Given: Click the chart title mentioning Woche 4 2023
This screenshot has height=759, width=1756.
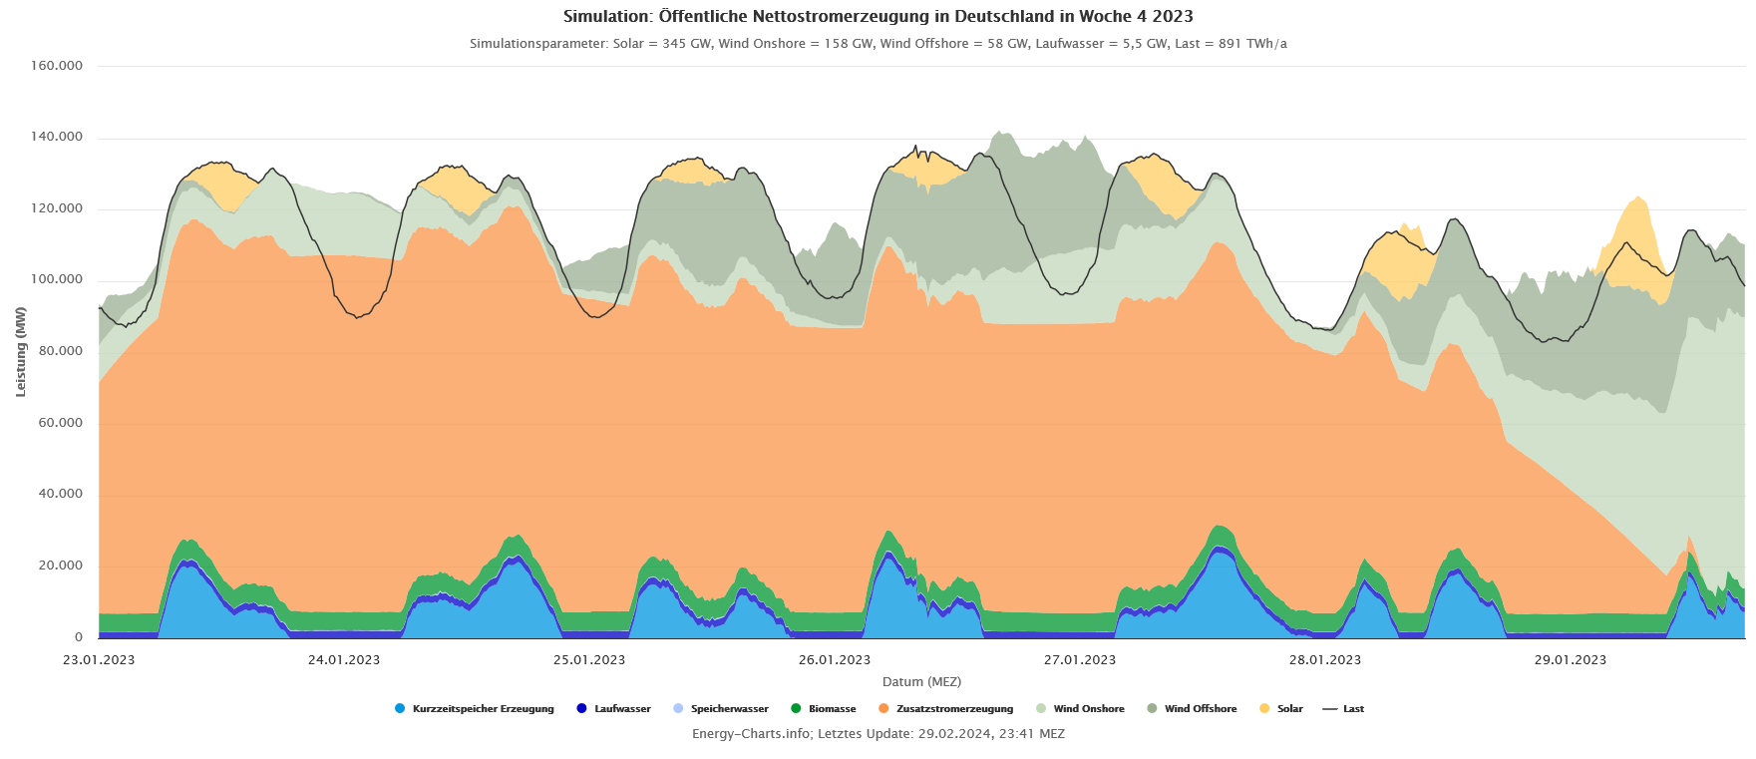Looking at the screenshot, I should tap(878, 16).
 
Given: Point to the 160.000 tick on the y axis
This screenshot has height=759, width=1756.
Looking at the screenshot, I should tap(57, 66).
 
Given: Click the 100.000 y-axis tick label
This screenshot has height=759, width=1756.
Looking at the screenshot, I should tap(57, 280).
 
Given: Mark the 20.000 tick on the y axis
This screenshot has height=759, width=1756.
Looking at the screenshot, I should tap(61, 566).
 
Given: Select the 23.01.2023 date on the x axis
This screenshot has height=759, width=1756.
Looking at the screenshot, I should tap(99, 659).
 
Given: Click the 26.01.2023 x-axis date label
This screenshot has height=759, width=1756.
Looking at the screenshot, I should tap(835, 659).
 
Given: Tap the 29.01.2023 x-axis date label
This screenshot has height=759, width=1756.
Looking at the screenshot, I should tap(1571, 659).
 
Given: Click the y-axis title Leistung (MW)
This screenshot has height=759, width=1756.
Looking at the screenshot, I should tap(21, 351).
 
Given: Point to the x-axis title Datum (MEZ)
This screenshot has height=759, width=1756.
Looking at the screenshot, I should tap(921, 682).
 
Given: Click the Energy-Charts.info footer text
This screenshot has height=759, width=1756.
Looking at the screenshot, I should tap(878, 734).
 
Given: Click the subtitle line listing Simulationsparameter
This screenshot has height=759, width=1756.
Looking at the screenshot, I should tap(878, 44).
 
